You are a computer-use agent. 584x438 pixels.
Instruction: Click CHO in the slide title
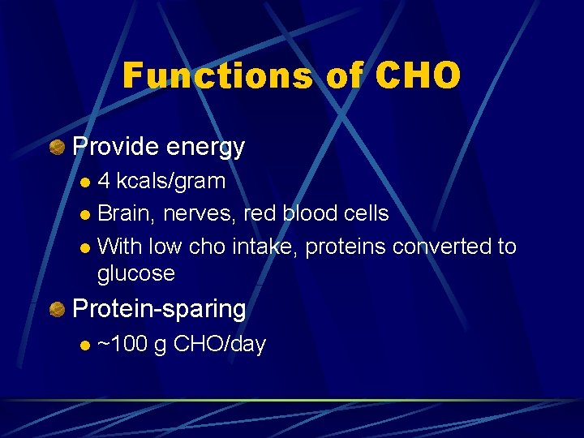(x=419, y=76)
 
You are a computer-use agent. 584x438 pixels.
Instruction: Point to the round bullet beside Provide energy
(x=58, y=147)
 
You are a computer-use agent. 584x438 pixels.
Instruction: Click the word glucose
(x=135, y=273)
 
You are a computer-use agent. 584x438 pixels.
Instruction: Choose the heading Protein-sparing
(x=159, y=309)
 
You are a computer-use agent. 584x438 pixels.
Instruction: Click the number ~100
(x=122, y=344)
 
